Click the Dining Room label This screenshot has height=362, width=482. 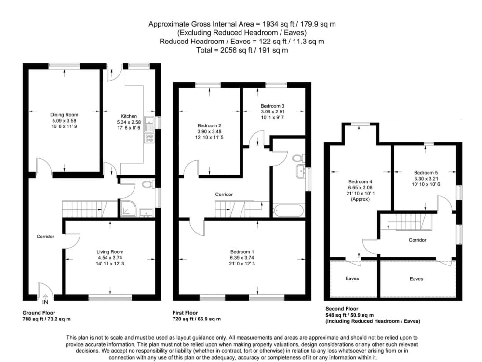click(x=64, y=115)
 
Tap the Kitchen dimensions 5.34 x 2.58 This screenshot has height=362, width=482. click(x=129, y=122)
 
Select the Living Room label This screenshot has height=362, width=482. click(x=110, y=252)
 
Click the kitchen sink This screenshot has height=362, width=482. click(x=149, y=124)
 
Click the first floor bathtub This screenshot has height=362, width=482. click(x=288, y=210)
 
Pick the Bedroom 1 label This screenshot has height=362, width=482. click(x=242, y=252)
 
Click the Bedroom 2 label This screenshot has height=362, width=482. click(x=209, y=125)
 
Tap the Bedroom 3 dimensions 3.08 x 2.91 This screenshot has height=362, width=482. click(x=273, y=112)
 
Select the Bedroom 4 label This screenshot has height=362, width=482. click(x=360, y=181)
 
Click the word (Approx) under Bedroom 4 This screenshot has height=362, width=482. click(x=360, y=199)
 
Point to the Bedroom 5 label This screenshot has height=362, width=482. click(x=426, y=173)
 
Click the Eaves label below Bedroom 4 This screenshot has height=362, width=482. click(x=352, y=278)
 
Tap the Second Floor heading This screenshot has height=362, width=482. click(x=342, y=309)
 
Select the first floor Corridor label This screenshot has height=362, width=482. click(x=224, y=194)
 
